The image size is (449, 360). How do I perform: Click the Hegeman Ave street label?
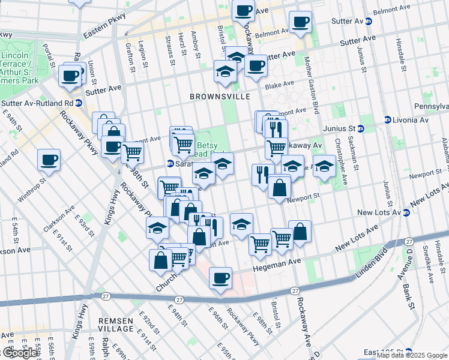(x=277, y=262)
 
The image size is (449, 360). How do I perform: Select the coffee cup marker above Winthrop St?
(x=49, y=160)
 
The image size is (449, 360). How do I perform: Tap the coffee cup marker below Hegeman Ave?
(x=221, y=278)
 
